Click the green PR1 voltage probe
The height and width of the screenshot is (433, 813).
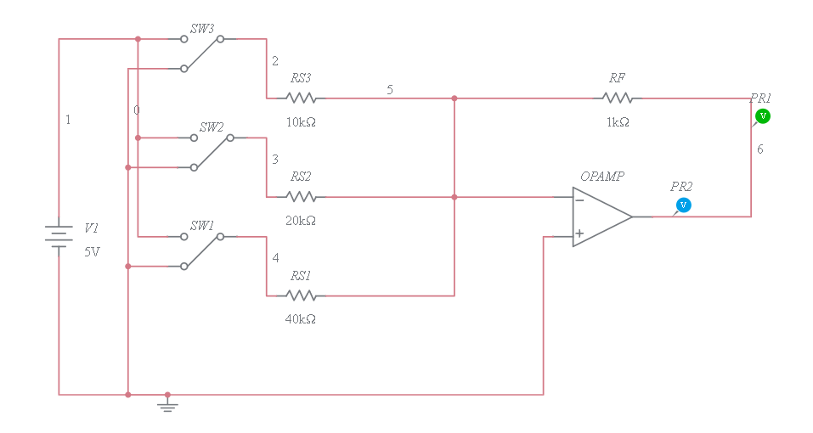[x=762, y=115]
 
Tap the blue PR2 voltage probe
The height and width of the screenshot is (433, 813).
[x=682, y=205]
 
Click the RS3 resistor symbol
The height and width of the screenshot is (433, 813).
[x=301, y=98]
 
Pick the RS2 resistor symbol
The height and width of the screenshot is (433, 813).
[x=301, y=197]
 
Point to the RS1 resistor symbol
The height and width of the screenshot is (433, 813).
[x=301, y=295]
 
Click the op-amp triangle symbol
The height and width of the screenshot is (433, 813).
[x=600, y=216]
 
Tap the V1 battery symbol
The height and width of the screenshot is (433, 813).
[x=58, y=236]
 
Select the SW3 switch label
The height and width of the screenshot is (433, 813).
[x=201, y=28]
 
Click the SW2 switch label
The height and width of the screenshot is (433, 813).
[x=211, y=127]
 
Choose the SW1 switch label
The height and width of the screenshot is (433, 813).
[x=201, y=225]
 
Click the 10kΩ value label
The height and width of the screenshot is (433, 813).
[x=301, y=122]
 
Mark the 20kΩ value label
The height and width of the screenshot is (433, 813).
[x=301, y=221]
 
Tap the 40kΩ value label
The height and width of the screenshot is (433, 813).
[x=301, y=319]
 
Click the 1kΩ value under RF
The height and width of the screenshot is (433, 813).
[x=618, y=122]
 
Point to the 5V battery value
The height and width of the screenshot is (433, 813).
[x=92, y=251]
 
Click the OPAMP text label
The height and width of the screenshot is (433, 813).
[x=602, y=177]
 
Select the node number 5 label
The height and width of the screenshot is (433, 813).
[x=389, y=89]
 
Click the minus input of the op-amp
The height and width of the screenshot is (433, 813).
[x=579, y=200]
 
